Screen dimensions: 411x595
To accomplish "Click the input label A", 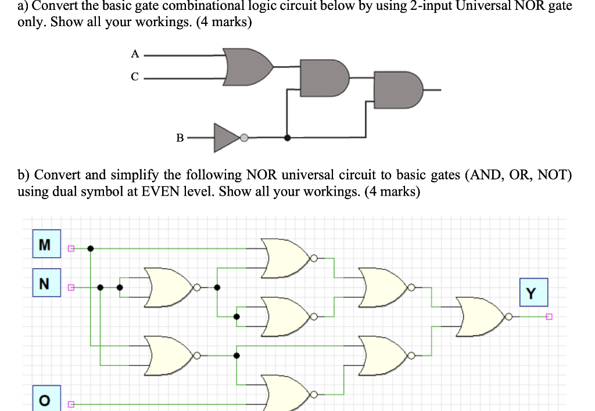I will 135,54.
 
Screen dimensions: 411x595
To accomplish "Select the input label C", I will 135,77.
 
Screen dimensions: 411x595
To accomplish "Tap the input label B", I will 180,138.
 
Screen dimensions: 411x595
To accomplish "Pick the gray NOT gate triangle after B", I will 227,138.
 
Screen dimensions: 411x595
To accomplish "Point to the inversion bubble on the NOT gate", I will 245,138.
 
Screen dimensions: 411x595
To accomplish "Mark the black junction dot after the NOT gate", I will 286,138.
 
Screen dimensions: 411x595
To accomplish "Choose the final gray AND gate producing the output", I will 399,90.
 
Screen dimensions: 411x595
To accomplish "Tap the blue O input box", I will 44,400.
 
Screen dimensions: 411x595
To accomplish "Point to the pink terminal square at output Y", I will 548,317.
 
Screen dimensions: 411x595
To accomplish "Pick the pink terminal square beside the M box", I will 71,249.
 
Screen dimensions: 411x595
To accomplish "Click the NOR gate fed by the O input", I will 286,394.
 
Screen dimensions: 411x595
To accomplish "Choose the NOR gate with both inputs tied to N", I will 169,287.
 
